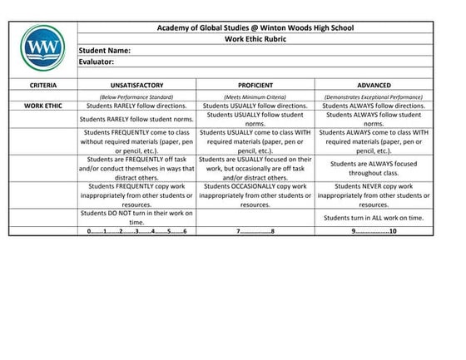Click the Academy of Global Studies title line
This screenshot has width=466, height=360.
click(255, 28)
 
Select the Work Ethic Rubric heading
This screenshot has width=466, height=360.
click(255, 39)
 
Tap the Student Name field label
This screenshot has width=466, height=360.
click(106, 50)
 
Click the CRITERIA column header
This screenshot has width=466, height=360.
click(42, 85)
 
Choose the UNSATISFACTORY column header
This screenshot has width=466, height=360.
click(136, 85)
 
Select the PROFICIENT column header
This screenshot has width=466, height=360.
click(255, 85)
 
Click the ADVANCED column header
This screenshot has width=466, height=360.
click(374, 85)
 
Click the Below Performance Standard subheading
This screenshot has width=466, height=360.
click(136, 97)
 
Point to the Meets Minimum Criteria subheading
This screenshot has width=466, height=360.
click(255, 97)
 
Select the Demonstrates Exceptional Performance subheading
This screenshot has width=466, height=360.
click(374, 97)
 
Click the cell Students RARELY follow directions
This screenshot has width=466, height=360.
click(136, 106)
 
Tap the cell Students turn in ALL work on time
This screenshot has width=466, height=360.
click(374, 216)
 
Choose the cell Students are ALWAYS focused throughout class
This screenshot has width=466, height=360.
click(374, 168)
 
